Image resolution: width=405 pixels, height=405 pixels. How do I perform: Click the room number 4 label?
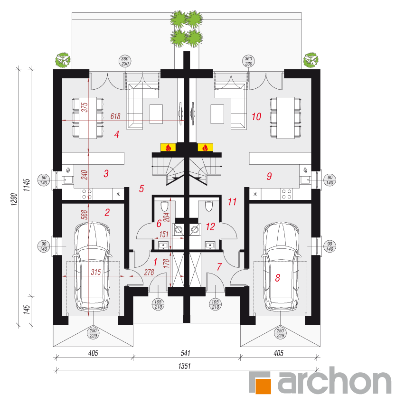pyautogui.click(x=117, y=134)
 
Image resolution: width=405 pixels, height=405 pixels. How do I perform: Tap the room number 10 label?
pyautogui.click(x=256, y=116)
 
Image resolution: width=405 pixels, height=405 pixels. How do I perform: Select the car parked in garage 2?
pyautogui.click(x=92, y=266)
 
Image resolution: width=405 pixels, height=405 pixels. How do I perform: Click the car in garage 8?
pyautogui.click(x=281, y=266)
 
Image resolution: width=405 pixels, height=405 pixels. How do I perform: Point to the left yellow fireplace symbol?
pyautogui.click(x=168, y=147)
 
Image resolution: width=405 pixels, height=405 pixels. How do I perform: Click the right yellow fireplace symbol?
pyautogui.click(x=205, y=147)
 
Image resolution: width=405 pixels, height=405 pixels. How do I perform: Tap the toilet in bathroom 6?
pyautogui.click(x=164, y=206)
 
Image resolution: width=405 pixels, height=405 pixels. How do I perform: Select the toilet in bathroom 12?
pyautogui.click(x=209, y=206)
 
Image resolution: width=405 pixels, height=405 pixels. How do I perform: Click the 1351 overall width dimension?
pyautogui.click(x=184, y=366)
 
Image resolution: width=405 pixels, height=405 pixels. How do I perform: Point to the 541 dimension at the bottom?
pyautogui.click(x=186, y=353)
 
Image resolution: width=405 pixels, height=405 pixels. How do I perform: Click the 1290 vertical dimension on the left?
pyautogui.click(x=14, y=199)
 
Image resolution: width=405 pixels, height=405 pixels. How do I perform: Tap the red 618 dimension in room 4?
pyautogui.click(x=115, y=116)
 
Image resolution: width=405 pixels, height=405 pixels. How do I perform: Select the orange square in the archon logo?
pyautogui.click(x=263, y=386)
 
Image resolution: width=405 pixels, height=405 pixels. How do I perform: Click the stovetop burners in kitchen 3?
pyautogui.click(x=87, y=194)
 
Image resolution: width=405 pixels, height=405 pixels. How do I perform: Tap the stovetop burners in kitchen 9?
pyautogui.click(x=286, y=194)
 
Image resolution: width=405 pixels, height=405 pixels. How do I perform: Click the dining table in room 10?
pyautogui.click(x=285, y=118)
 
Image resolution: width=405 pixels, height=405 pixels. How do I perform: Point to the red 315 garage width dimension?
pyautogui.click(x=96, y=272)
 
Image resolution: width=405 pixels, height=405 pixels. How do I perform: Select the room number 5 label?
pyautogui.click(x=141, y=188)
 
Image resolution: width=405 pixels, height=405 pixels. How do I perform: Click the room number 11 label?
pyautogui.click(x=232, y=202)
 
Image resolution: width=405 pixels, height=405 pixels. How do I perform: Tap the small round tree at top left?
pyautogui.click(x=63, y=60)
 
